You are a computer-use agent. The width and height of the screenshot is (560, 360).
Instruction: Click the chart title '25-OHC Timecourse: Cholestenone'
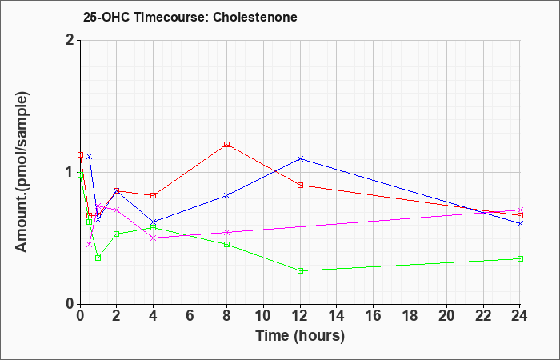[190, 17]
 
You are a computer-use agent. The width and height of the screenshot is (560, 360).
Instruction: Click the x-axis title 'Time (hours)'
[300, 336]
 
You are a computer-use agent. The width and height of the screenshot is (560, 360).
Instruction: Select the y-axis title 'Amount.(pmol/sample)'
[22, 172]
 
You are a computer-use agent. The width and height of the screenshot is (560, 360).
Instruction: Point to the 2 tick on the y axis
[70, 40]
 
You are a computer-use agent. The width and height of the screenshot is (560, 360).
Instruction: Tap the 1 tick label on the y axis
[70, 172]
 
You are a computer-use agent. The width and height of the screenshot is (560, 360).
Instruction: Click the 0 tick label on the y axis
[70, 304]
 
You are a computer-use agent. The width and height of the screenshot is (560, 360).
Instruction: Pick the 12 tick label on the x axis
[300, 316]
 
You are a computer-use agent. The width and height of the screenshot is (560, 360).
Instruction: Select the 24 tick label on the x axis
[520, 316]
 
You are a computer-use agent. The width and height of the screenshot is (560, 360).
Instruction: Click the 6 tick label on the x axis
[190, 316]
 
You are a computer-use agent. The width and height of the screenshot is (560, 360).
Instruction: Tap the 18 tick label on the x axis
[410, 316]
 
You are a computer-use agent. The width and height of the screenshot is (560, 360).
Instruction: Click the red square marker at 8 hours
[226, 144]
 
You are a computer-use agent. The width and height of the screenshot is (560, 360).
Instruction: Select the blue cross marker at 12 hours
[300, 158]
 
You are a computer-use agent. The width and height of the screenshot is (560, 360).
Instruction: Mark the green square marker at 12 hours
[300, 270]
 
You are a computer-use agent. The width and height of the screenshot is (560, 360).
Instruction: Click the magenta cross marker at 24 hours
[520, 210]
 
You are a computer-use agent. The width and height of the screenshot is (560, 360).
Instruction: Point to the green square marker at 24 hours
[520, 258]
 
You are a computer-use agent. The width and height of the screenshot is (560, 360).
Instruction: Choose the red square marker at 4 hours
[154, 195]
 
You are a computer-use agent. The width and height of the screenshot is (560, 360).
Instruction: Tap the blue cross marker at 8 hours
[226, 195]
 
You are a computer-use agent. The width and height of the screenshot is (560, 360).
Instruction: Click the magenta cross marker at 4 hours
[154, 238]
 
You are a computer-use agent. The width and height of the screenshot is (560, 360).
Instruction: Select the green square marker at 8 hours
[226, 244]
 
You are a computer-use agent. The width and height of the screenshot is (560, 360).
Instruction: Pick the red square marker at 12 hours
[300, 185]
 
